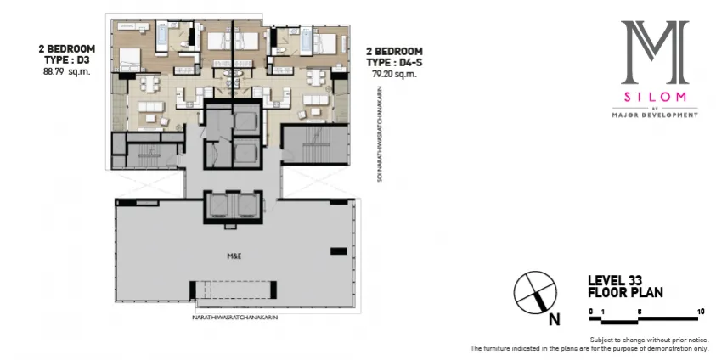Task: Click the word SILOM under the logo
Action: pyautogui.click(x=654, y=97)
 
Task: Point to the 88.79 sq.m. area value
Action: pyautogui.click(x=66, y=72)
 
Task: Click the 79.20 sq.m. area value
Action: pyautogui.click(x=394, y=74)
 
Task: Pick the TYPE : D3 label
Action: pyautogui.click(x=67, y=60)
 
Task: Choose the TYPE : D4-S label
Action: pyautogui.click(x=395, y=62)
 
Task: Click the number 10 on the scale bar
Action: pyautogui.click(x=700, y=312)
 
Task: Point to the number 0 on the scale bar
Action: pyautogui.click(x=590, y=312)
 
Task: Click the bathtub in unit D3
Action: pyautogui.click(x=161, y=33)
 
